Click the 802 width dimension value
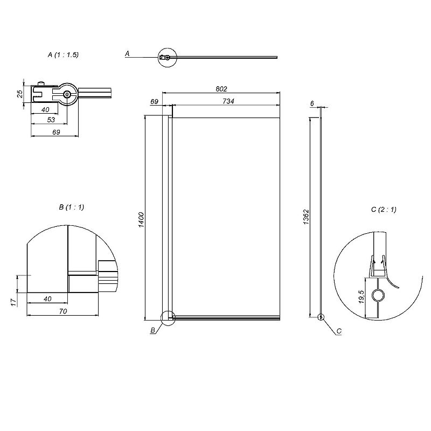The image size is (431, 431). pos(221,89)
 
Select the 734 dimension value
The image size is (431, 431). pos(228,101)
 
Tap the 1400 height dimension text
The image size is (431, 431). pos(141,220)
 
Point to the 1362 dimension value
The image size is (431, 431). pos(306,217)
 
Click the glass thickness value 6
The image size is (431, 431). pos(312,103)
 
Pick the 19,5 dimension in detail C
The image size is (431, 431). pos(362,297)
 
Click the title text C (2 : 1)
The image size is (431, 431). pos(384,210)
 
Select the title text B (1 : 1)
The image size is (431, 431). pos(72,207)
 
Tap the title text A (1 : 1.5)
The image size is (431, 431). pos(63,55)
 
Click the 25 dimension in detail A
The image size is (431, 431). pos(20,94)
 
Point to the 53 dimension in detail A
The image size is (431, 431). pos(51,120)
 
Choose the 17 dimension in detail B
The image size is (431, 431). pos(13,303)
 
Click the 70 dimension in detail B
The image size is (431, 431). pos(63,311)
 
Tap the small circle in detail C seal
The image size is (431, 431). pos(378,296)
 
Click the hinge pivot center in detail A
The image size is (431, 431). pos(67,94)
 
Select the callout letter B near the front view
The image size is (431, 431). pos(153,330)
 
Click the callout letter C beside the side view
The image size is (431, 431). pos(339,331)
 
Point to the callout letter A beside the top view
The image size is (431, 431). pos(127,53)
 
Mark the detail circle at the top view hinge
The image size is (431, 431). pos(168,58)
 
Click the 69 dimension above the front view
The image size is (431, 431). pos(155,102)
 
